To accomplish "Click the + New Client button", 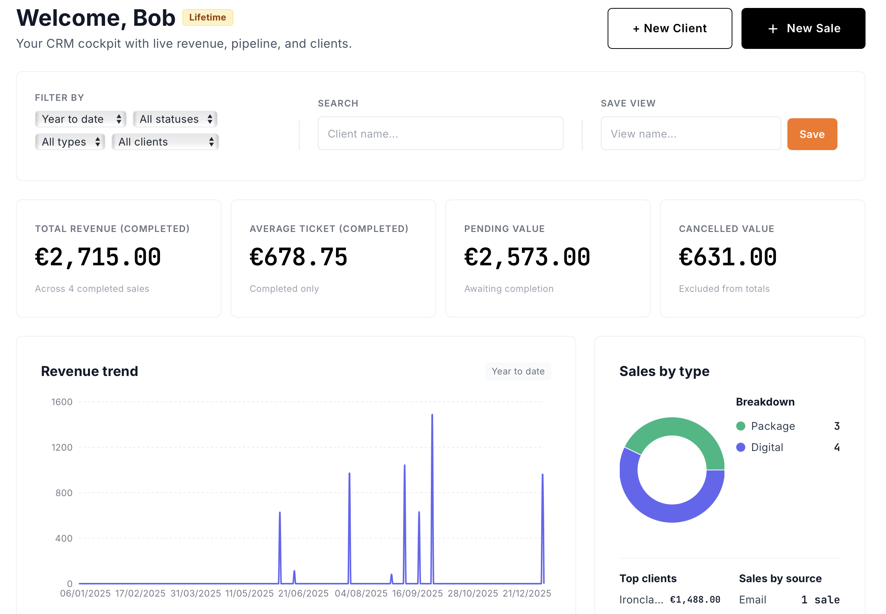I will click(669, 28).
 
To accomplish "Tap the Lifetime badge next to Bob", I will click(207, 17).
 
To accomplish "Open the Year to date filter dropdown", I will click(80, 119).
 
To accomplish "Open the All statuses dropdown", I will click(175, 119).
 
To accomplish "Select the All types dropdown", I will click(70, 142).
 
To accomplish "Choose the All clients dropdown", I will click(165, 142).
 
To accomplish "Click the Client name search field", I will click(440, 133).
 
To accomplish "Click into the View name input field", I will click(690, 133).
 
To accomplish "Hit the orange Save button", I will click(812, 134).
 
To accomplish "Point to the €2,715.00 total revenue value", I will click(98, 257).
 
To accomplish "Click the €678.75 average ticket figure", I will click(298, 257).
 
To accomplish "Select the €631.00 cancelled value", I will click(727, 257).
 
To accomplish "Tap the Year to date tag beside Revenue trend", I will click(518, 371).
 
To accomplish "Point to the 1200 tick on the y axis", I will click(62, 447).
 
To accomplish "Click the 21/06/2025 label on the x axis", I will click(303, 593).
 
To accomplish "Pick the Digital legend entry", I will click(767, 447).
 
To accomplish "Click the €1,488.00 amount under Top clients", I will click(695, 599).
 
